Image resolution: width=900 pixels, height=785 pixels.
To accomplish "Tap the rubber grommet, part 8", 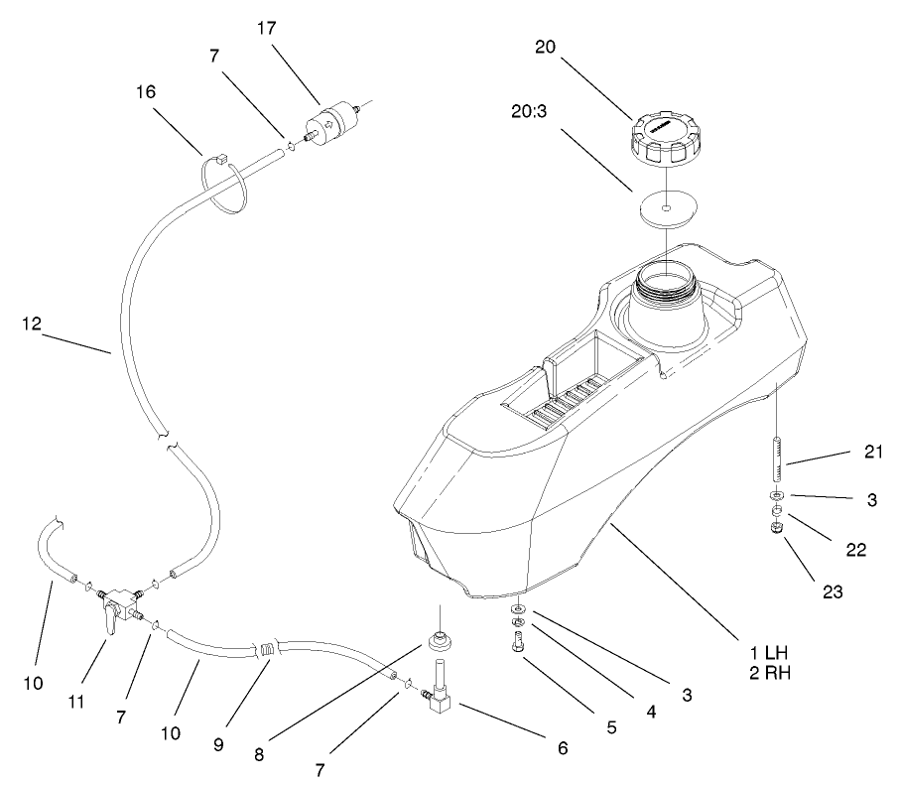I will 437,640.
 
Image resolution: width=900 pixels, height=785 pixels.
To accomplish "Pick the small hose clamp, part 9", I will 266,652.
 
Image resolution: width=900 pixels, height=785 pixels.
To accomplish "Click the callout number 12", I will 32,323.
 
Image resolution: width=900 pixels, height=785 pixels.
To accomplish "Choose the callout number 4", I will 650,711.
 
